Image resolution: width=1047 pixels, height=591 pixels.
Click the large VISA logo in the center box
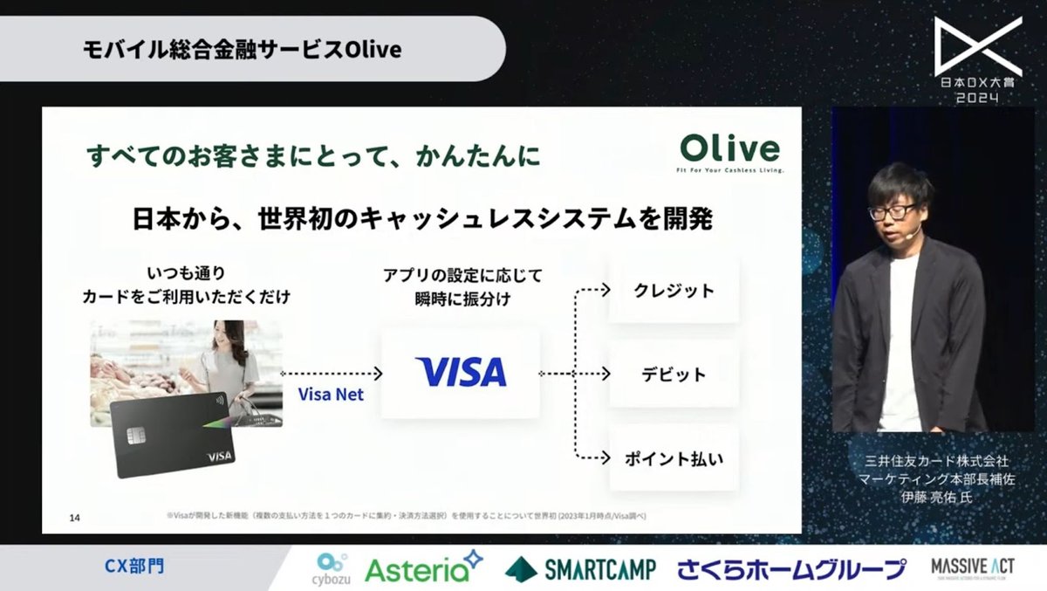pyautogui.click(x=461, y=372)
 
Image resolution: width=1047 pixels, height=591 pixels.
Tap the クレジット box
pyautogui.click(x=674, y=291)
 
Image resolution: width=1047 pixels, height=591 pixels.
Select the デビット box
pyautogui.click(x=674, y=375)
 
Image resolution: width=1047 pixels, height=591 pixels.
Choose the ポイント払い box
pyautogui.click(x=674, y=457)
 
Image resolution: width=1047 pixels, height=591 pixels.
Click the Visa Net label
pyautogui.click(x=331, y=395)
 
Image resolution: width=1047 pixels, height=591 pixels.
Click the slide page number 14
pyautogui.click(x=74, y=519)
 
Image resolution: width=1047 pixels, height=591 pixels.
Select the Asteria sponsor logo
pyautogui.click(x=423, y=568)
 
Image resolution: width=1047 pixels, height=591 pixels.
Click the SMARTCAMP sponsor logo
pyautogui.click(x=579, y=569)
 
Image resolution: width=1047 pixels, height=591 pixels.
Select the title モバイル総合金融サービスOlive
pyautogui.click(x=242, y=50)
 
